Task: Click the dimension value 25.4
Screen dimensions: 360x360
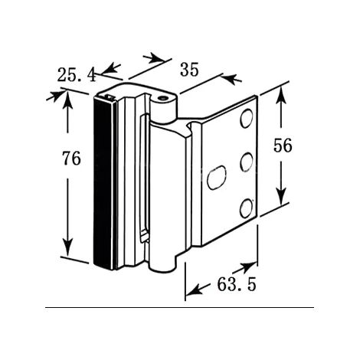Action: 77,75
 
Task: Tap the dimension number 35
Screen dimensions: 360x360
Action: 189,70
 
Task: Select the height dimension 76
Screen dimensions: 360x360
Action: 71,159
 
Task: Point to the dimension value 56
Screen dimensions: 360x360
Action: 283,146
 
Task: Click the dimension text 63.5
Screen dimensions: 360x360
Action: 237,284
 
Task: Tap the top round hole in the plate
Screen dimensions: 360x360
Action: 246,118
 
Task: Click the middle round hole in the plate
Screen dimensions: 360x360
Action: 246,162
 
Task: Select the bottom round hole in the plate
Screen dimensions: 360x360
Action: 246,208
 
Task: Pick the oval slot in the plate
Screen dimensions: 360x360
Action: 217,178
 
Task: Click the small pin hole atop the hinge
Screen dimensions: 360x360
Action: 162,98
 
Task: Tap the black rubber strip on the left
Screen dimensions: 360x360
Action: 103,182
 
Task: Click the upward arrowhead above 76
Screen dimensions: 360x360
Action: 67,100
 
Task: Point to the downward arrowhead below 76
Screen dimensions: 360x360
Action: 67,247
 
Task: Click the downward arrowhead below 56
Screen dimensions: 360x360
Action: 281,196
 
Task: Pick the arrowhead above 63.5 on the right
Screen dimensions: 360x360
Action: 247,267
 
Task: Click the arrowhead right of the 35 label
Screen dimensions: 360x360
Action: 231,78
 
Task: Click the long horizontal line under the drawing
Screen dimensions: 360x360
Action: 179,308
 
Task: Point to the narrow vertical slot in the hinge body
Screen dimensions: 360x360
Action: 144,178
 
